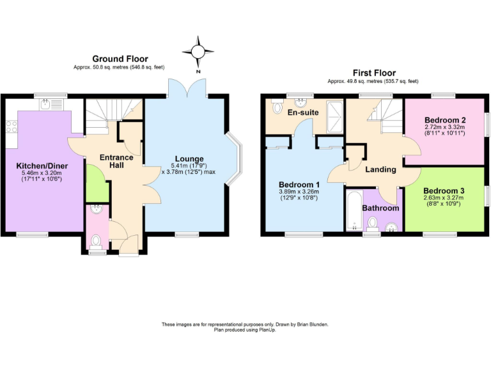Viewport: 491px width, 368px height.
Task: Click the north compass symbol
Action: click(x=198, y=51)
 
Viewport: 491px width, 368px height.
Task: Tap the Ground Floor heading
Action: click(x=120, y=59)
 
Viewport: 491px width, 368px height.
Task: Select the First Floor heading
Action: click(x=374, y=73)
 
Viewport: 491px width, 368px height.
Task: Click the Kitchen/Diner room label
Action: click(x=42, y=165)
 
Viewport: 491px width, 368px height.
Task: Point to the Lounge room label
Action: click(x=190, y=158)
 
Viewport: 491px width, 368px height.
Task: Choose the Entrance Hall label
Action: click(x=116, y=161)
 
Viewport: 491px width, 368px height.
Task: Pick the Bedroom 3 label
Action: click(x=443, y=190)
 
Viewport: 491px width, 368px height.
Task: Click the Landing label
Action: click(x=380, y=169)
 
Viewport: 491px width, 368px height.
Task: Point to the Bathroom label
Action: click(x=380, y=208)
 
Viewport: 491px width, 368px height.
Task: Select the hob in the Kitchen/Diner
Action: click(x=11, y=126)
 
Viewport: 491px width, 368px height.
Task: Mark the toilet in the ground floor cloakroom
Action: click(x=96, y=241)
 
